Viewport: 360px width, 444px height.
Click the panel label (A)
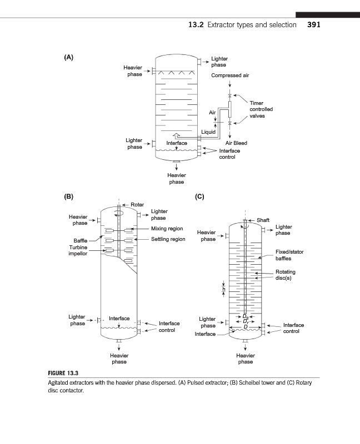tap(68, 57)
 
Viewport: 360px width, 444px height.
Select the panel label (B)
tap(68, 196)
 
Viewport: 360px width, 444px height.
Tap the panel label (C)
tap(200, 196)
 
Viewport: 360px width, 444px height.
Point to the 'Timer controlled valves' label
tap(261, 109)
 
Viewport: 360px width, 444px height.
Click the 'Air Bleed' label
tap(236, 143)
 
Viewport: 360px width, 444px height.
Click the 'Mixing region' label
tap(167, 229)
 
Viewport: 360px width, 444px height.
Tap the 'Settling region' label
tap(168, 239)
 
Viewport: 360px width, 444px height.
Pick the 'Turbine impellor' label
tap(77, 250)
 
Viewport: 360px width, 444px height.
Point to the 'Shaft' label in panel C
tap(263, 220)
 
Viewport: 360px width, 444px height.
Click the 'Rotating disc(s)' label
tap(286, 275)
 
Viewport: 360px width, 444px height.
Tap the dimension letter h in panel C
tap(223, 289)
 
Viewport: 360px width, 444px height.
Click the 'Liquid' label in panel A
tap(208, 132)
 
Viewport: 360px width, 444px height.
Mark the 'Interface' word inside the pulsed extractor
tap(177, 143)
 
